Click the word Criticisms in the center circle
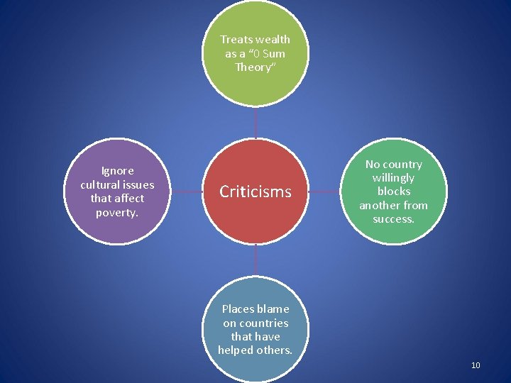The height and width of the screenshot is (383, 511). [x=255, y=191]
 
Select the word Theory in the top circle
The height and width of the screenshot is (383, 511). [x=253, y=67]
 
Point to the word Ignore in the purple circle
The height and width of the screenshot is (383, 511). [x=117, y=171]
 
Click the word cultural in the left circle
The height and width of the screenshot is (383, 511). [x=99, y=185]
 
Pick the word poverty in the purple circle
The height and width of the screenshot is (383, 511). [x=116, y=213]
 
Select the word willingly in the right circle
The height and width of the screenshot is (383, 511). [x=393, y=178]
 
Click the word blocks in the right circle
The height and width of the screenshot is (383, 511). [x=394, y=191]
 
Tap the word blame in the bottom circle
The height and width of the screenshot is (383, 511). [x=274, y=309]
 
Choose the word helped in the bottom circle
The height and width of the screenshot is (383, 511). [x=237, y=350]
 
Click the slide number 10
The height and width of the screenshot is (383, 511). [x=476, y=365]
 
